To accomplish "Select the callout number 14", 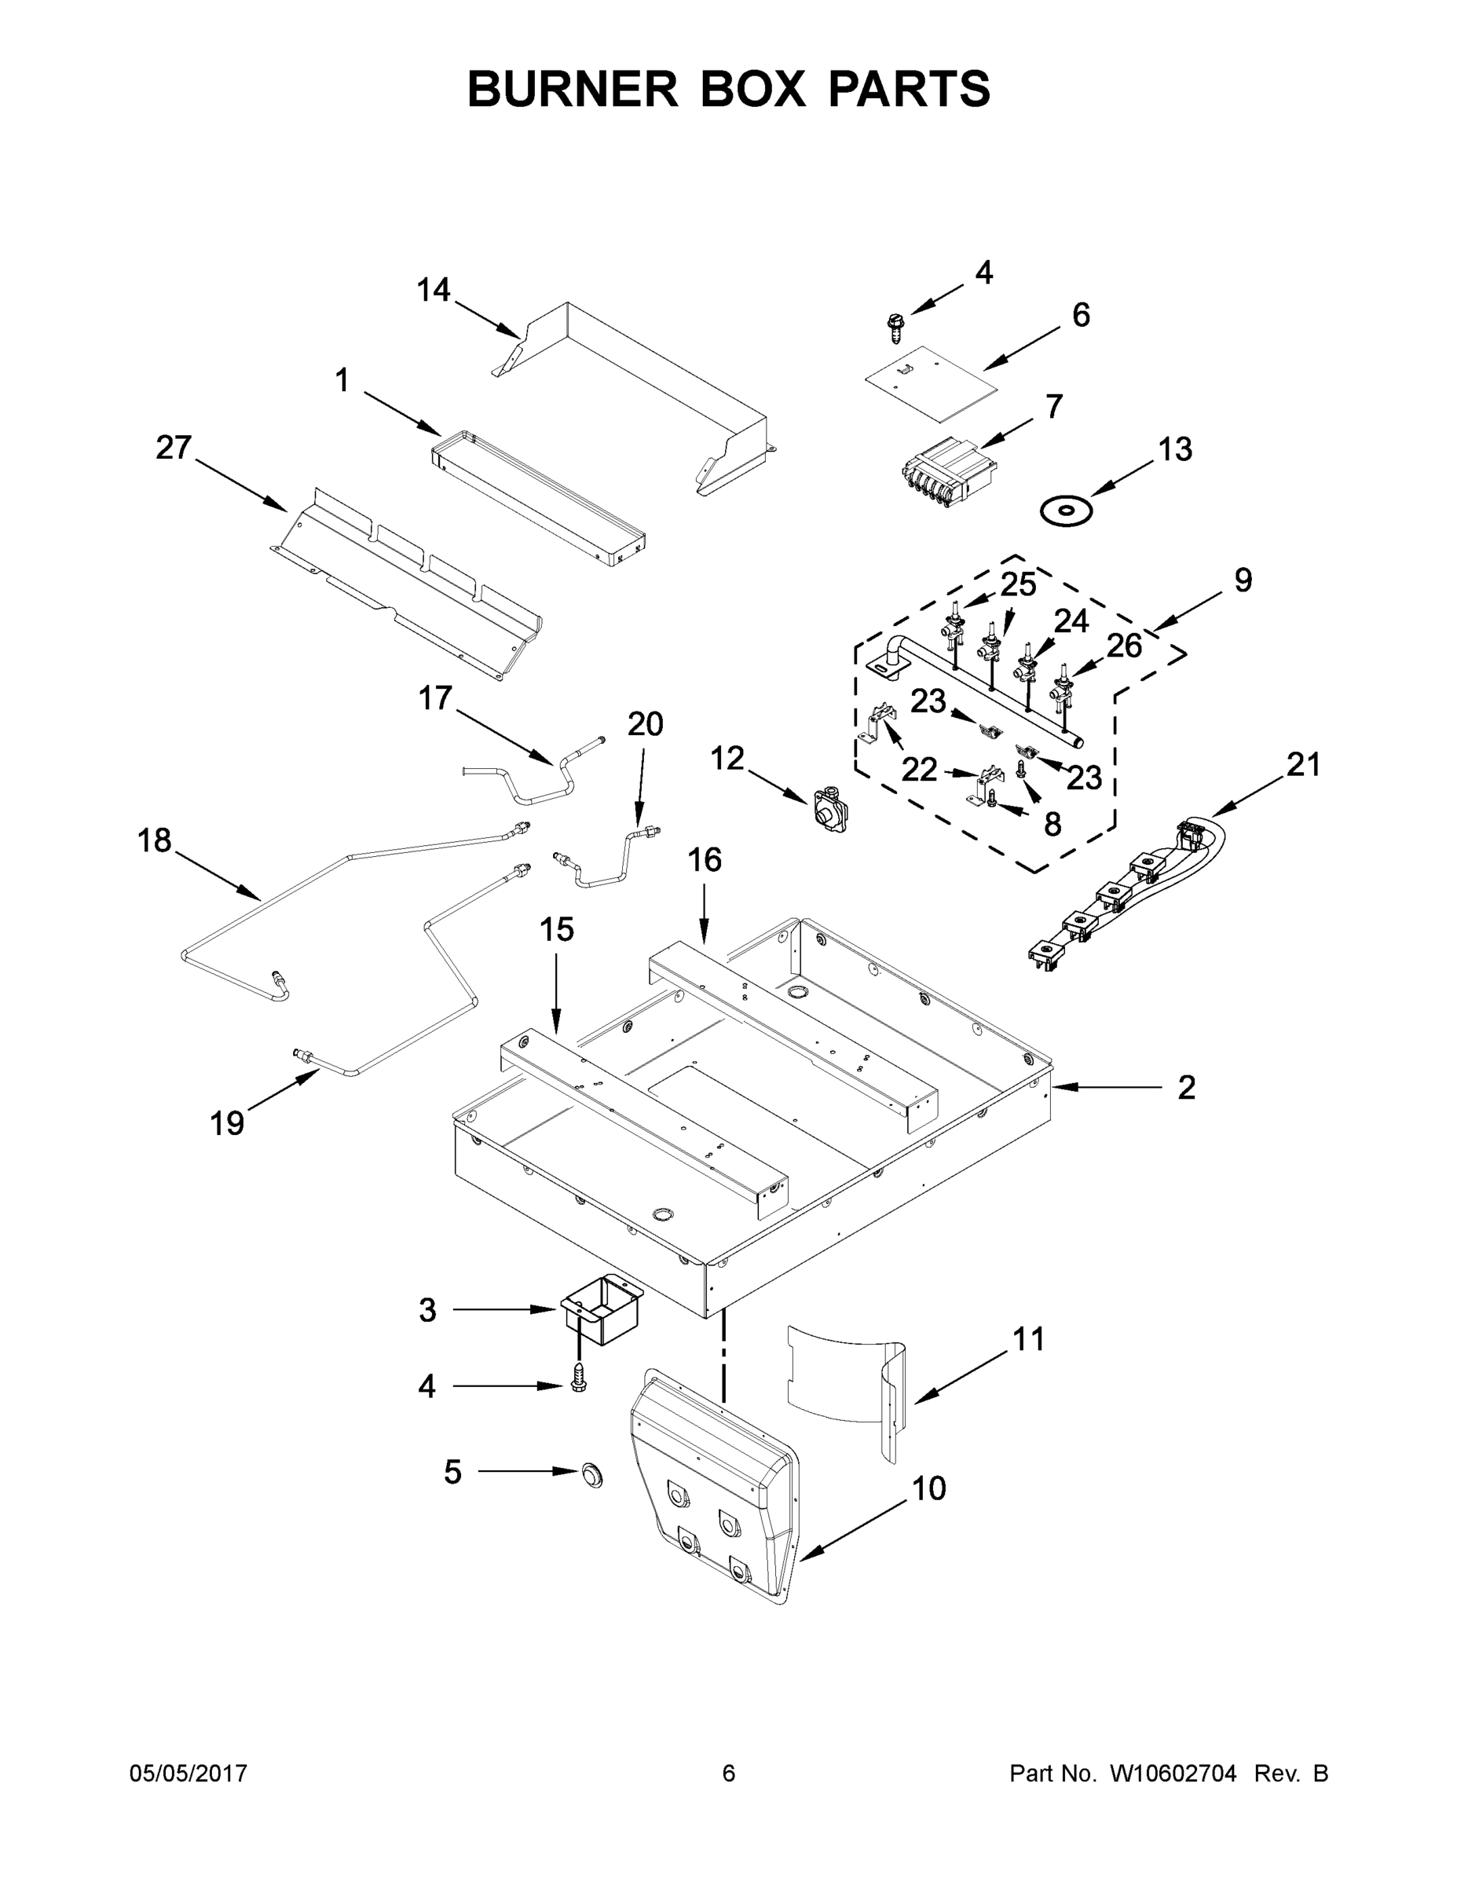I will [x=434, y=291].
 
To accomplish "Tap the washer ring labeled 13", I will [x=1066, y=511].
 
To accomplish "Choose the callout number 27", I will [x=174, y=448].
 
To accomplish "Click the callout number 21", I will [x=1303, y=765].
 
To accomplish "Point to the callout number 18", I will [x=155, y=840].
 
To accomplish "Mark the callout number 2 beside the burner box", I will [x=1187, y=1088].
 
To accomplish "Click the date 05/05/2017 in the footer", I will [x=189, y=1773].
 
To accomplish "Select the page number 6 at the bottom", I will [x=729, y=1773].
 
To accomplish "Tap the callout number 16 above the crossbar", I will [x=705, y=860].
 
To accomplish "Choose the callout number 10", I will [x=928, y=1489].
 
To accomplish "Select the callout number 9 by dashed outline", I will [x=1242, y=580].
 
